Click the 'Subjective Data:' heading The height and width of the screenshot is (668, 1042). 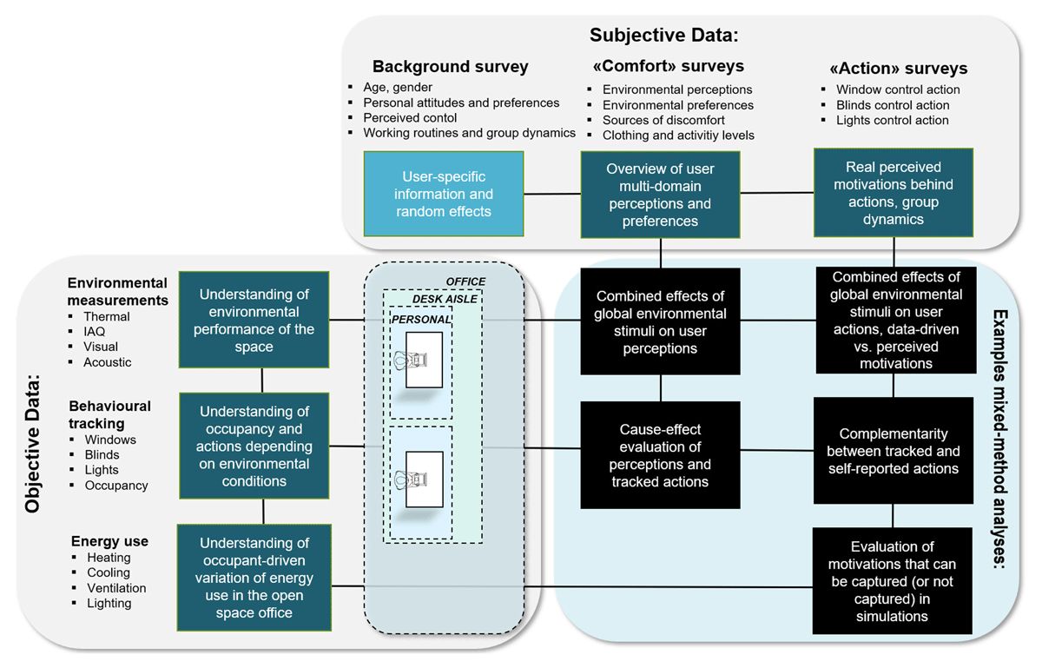[663, 36]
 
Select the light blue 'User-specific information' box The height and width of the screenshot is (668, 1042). [444, 194]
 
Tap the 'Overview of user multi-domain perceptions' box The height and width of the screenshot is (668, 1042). [660, 195]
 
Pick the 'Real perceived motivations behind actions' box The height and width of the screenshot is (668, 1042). [894, 193]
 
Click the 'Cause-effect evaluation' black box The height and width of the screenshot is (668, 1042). [660, 455]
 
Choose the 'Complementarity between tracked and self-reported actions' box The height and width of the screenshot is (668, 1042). [894, 451]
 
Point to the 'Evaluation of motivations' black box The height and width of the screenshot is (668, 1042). [893, 581]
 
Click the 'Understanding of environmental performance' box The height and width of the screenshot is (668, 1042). [254, 320]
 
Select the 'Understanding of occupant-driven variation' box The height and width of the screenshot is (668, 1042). [254, 578]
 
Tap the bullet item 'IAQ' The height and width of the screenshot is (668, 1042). [95, 332]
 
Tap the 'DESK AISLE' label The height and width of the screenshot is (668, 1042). [445, 299]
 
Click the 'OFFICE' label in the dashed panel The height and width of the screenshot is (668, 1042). [465, 281]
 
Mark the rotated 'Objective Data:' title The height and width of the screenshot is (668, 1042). [32, 444]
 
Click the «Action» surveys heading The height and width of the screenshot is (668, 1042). [898, 69]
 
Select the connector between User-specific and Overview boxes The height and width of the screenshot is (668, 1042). [552, 194]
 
